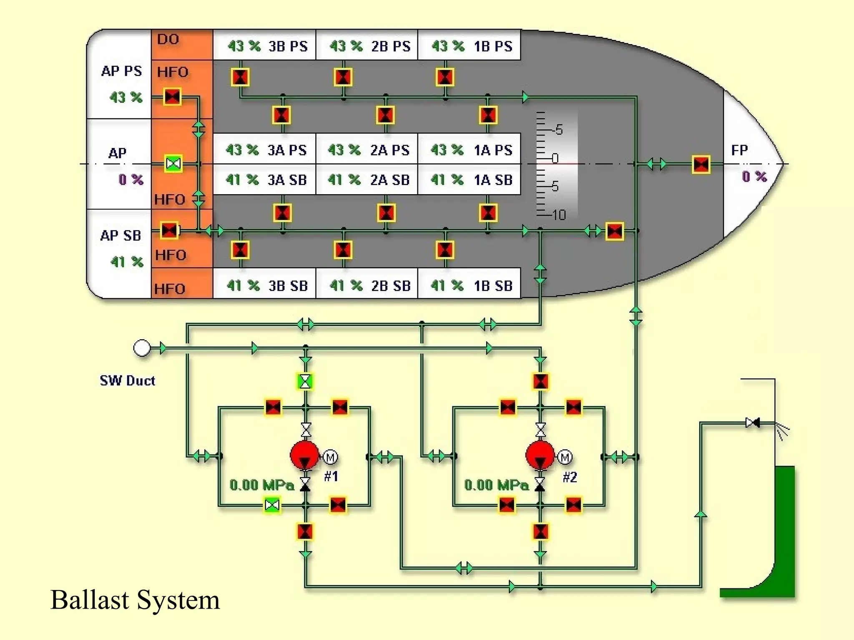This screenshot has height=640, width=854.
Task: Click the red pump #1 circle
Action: point(305,455)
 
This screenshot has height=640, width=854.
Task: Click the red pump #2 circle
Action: point(540,455)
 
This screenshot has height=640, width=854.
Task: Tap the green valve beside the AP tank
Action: point(173,163)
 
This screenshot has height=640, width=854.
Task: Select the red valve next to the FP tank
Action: point(701,164)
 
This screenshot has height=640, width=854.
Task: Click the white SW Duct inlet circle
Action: point(142,348)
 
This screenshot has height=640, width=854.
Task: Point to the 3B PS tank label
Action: point(288,46)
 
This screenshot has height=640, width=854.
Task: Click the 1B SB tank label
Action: point(493,286)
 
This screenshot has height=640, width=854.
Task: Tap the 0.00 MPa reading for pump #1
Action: point(262,485)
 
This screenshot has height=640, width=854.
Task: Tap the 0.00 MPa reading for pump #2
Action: point(496,485)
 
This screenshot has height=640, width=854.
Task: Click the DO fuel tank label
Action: point(168,39)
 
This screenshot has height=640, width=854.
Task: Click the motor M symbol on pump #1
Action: point(331,457)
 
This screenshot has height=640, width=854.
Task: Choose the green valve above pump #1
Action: point(305,381)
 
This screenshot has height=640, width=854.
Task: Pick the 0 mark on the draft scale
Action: point(555,159)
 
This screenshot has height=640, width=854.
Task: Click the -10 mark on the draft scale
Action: point(558,215)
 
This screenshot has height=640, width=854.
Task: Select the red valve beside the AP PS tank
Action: point(172,97)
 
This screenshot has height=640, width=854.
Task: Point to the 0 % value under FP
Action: point(754,177)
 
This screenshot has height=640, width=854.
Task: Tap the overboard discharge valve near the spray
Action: point(753,423)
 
